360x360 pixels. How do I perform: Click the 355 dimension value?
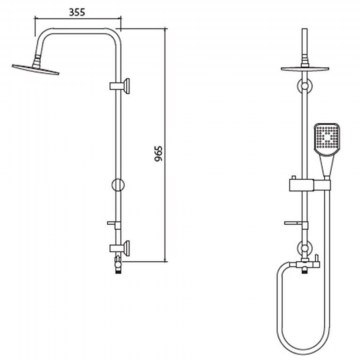pyautogui.click(x=77, y=12)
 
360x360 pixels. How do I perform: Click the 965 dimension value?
pyautogui.click(x=159, y=154)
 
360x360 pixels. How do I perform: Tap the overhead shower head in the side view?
pyautogui.click(x=36, y=69)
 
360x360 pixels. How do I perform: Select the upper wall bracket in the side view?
pyautogui.click(x=120, y=86)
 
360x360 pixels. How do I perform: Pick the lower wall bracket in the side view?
pyautogui.click(x=120, y=248)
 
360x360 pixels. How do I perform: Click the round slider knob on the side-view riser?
pyautogui.click(x=118, y=185)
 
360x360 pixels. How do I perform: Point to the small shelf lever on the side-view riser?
pyautogui.click(x=114, y=224)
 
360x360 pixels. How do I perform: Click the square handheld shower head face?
pyautogui.click(x=327, y=137)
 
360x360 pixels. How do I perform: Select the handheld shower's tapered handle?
pyautogui.click(x=326, y=165)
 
